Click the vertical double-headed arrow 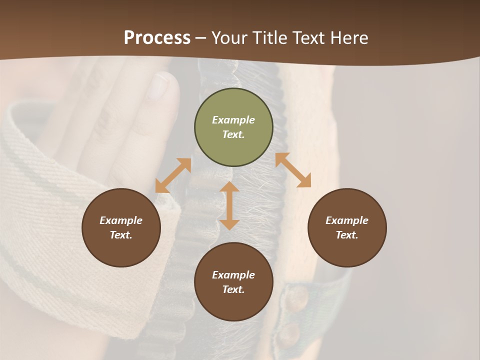coord(229,206)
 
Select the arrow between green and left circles coord(173,175)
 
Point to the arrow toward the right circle coord(293,170)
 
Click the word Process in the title coord(157,38)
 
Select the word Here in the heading coord(349,38)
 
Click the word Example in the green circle coord(233,120)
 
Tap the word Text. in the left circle coord(121,235)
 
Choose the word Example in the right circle coord(347,220)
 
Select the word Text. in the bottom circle coord(233,289)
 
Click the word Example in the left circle coord(121,220)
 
